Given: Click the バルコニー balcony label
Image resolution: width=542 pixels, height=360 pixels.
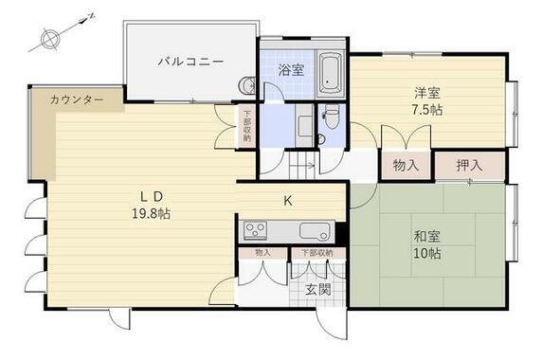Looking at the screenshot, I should (190, 62).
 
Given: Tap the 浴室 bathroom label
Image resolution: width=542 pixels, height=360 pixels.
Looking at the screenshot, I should (291, 69).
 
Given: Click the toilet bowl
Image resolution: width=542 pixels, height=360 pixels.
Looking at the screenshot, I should (331, 118).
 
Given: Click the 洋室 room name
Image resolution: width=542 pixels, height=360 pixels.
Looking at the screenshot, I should (425, 93).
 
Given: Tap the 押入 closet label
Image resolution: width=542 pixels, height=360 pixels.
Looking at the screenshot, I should (469, 165).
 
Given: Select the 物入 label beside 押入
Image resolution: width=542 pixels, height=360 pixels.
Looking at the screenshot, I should (406, 165).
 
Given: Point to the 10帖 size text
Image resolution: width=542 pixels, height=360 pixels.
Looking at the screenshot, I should (425, 254).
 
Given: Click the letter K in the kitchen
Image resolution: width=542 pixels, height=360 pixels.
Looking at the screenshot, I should (287, 200).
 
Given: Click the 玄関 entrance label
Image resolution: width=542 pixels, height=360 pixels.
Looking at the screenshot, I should (316, 289).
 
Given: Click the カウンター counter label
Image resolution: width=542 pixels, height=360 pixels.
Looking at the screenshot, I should (77, 99).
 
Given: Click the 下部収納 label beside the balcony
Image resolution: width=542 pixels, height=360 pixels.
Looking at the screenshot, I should (246, 126).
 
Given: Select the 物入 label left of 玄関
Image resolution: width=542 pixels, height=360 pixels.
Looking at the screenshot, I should (262, 253).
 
